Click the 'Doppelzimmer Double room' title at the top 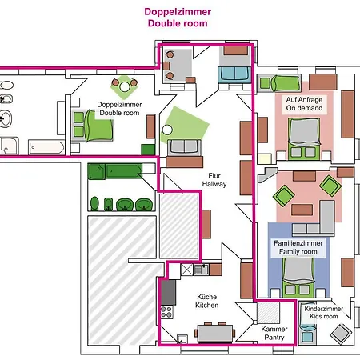[x=177, y=18]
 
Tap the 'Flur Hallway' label [x=215, y=179]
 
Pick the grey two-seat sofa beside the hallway [x=182, y=146]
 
